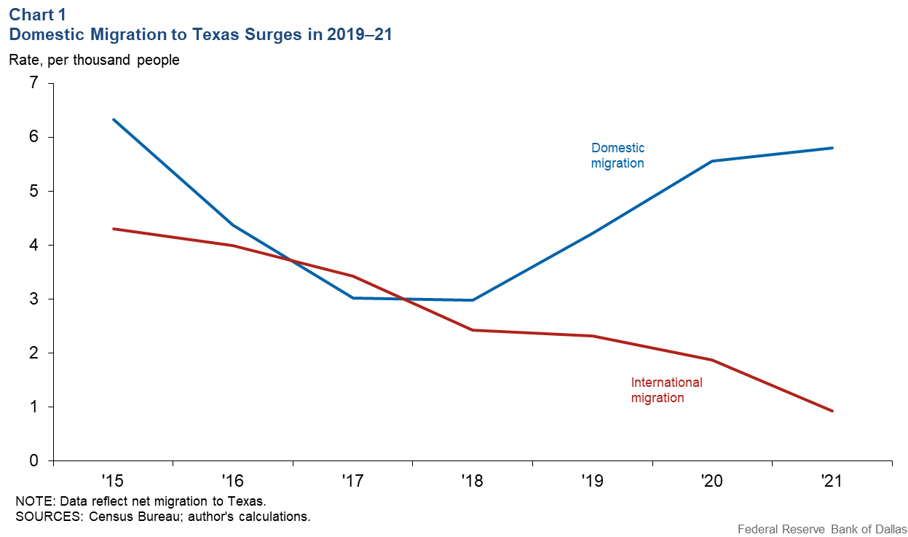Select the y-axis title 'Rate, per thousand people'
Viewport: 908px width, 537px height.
[x=94, y=60]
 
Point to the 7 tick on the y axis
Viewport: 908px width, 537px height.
[x=33, y=84]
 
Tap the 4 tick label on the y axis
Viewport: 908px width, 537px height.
[x=33, y=246]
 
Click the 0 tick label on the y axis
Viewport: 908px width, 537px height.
[x=33, y=460]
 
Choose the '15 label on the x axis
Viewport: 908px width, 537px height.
[x=113, y=481]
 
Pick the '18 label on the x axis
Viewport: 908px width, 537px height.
[x=473, y=481]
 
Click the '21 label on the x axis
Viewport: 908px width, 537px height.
[x=832, y=481]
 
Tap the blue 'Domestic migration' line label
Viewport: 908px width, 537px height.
[x=617, y=156]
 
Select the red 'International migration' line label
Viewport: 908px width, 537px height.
[x=666, y=390]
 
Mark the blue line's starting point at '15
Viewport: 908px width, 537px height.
[x=114, y=119]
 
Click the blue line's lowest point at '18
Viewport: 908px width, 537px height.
[x=473, y=300]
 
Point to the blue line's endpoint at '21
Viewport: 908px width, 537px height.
[x=832, y=148]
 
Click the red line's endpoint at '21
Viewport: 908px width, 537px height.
[x=832, y=411]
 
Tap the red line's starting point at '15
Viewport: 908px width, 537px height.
[x=114, y=229]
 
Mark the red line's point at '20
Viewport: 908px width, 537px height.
[x=712, y=360]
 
